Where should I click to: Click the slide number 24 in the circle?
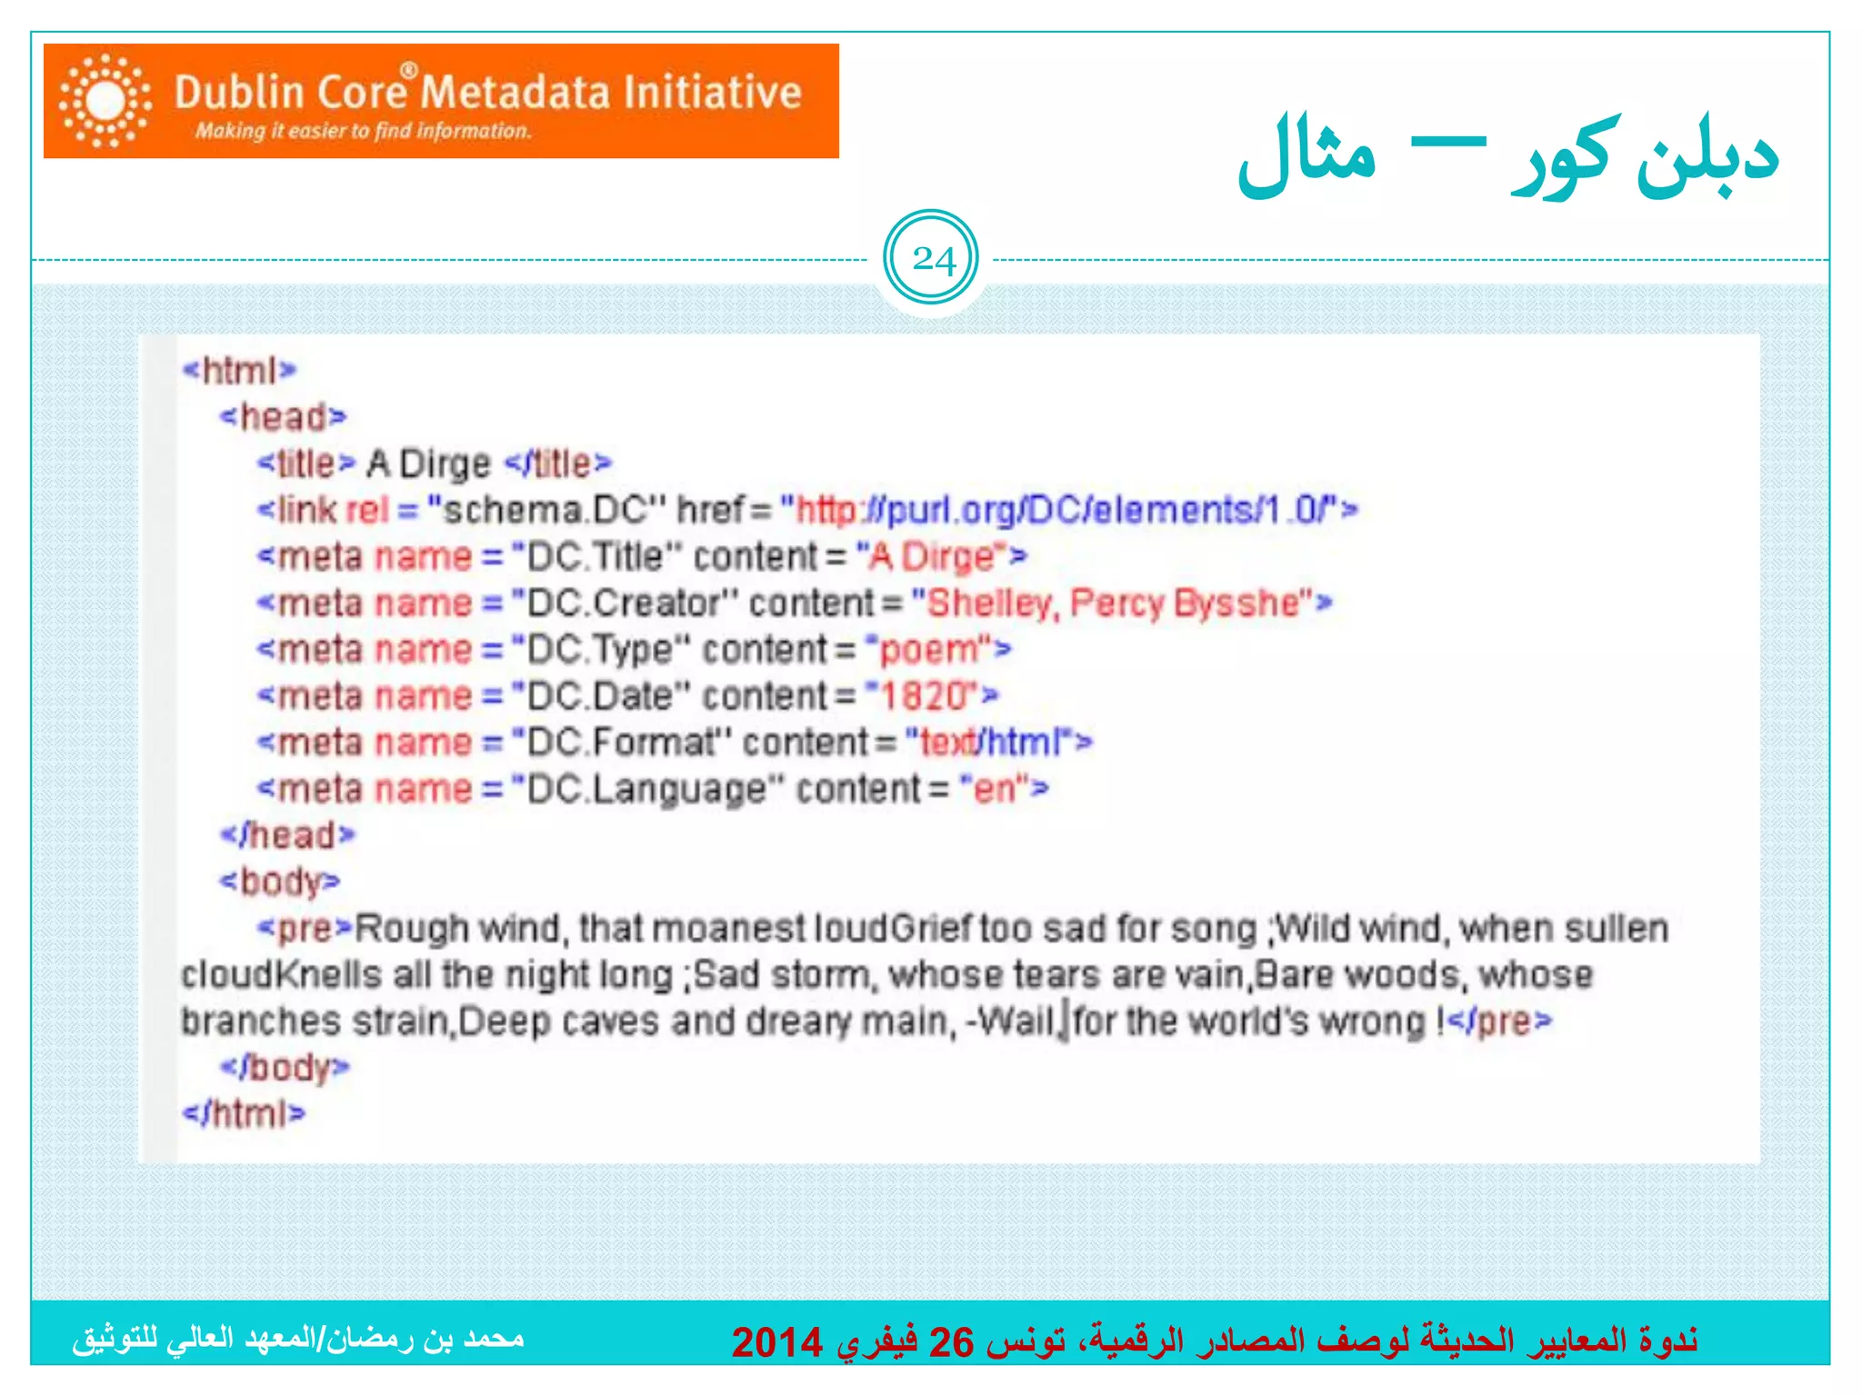tap(933, 260)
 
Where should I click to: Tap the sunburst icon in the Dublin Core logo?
tap(105, 100)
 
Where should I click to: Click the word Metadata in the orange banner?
tap(515, 93)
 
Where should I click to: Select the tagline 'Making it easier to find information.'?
tap(363, 132)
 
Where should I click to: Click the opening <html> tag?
tap(239, 370)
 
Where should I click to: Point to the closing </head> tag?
tap(287, 835)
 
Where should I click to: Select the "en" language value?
tap(994, 789)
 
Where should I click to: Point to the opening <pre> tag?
tap(304, 928)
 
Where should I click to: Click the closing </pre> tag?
tap(1497, 1022)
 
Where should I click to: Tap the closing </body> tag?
tap(285, 1067)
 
